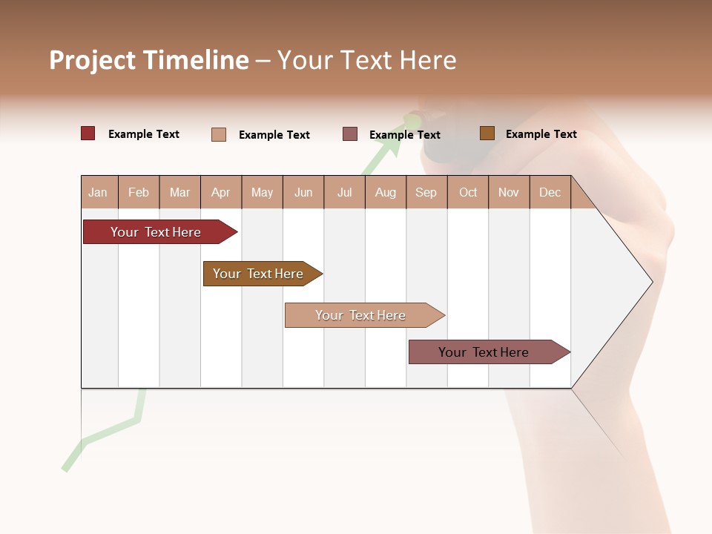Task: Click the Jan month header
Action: pyautogui.click(x=98, y=192)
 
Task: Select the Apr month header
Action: pyautogui.click(x=221, y=192)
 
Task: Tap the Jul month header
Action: pyautogui.click(x=344, y=192)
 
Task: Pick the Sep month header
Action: pyautogui.click(x=426, y=192)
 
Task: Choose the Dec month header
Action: pyautogui.click(x=550, y=192)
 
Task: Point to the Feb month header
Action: pyautogui.click(x=139, y=192)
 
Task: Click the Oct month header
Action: pyautogui.click(x=468, y=192)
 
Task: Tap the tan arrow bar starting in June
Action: pyautogui.click(x=361, y=315)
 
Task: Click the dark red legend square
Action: pyautogui.click(x=88, y=133)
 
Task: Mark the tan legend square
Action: pyautogui.click(x=219, y=134)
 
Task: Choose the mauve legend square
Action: pyautogui.click(x=350, y=133)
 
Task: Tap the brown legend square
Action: pyautogui.click(x=487, y=133)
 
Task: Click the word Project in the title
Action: pyautogui.click(x=93, y=60)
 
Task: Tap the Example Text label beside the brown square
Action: pyautogui.click(x=541, y=134)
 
